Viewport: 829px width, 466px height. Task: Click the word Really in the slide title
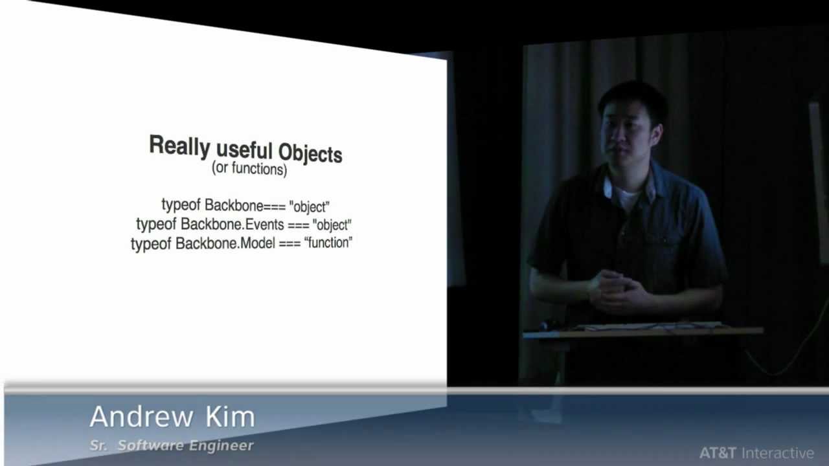click(x=179, y=146)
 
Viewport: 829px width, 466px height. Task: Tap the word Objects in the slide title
click(x=310, y=153)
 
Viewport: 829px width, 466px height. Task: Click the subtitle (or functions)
click(x=249, y=169)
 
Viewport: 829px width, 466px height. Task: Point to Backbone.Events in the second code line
click(x=232, y=224)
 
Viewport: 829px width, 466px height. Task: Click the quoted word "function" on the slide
click(x=328, y=243)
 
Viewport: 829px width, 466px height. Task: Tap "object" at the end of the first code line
click(x=310, y=207)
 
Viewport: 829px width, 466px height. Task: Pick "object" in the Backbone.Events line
click(x=332, y=225)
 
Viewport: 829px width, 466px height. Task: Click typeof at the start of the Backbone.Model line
click(x=151, y=244)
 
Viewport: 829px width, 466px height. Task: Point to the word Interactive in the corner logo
click(x=778, y=453)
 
